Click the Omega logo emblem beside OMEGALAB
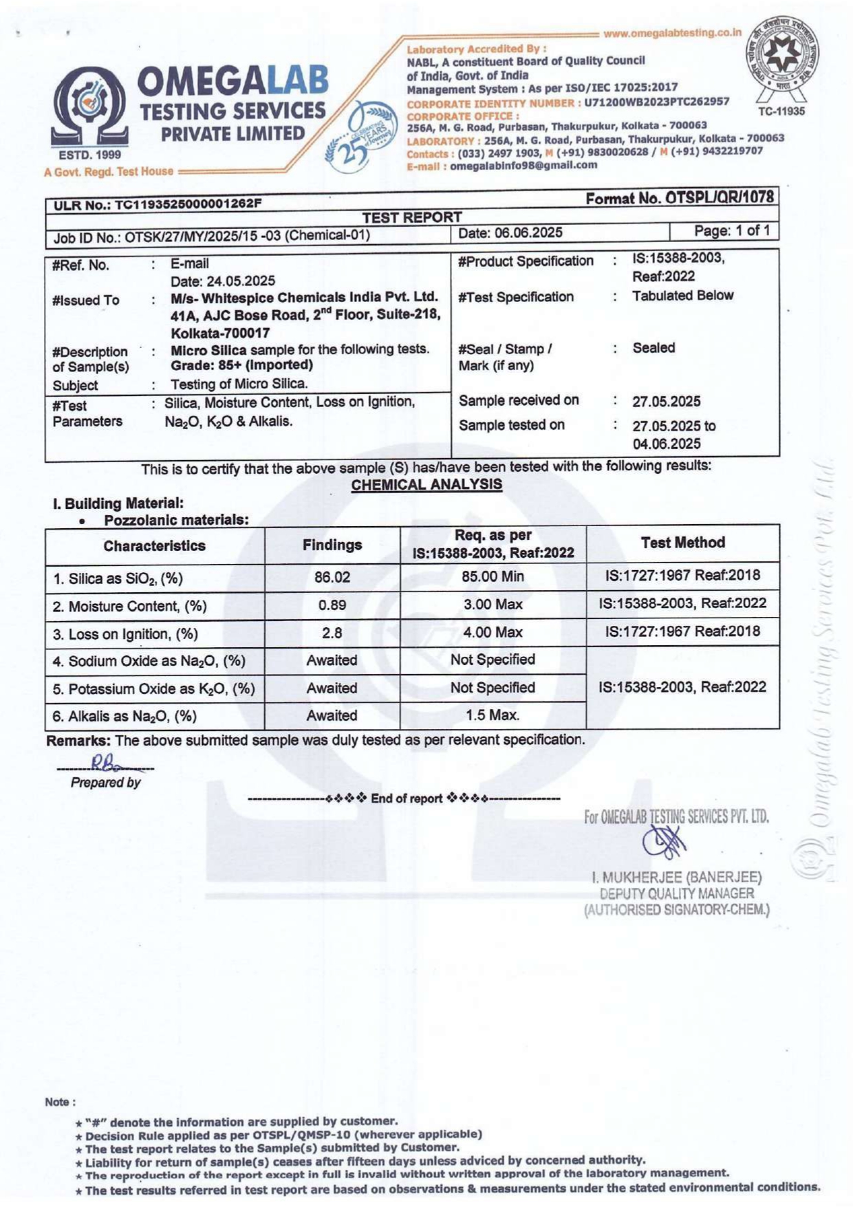click(x=90, y=107)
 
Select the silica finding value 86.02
click(x=332, y=577)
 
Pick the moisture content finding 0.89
click(x=332, y=605)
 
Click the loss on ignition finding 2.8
click(x=332, y=633)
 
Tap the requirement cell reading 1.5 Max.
click(x=493, y=715)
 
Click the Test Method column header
click(x=682, y=543)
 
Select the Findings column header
click(x=332, y=545)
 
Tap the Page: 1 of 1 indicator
click(x=731, y=230)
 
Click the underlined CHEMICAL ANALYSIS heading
click(x=426, y=484)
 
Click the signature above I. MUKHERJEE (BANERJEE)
click(x=665, y=841)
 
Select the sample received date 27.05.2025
click(x=667, y=402)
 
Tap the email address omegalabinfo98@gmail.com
click(x=523, y=165)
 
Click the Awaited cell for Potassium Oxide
click(x=332, y=688)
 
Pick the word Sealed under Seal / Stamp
click(x=654, y=348)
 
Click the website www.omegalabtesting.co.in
click(x=672, y=33)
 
